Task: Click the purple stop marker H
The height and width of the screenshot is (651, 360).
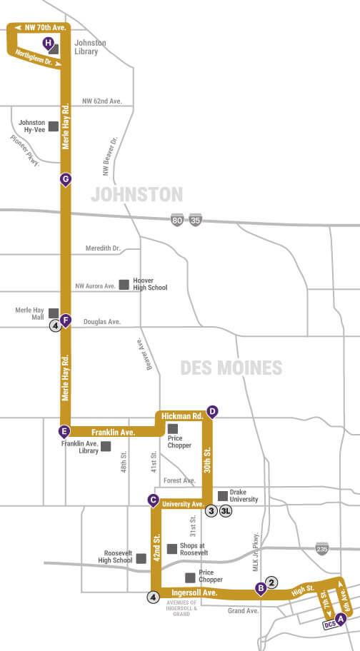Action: tap(49, 44)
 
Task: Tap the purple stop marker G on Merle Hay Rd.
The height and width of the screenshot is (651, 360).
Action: tap(66, 178)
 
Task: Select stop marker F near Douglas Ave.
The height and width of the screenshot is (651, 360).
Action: tap(66, 320)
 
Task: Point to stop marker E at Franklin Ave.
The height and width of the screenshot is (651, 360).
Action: tap(64, 430)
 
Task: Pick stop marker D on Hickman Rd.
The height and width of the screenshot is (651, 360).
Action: tap(211, 411)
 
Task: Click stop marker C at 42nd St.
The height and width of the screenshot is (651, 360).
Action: tap(153, 500)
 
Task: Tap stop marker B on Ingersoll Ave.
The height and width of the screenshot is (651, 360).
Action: tap(261, 588)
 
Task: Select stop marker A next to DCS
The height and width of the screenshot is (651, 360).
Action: tap(341, 618)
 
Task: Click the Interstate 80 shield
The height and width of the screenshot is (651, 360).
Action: tap(176, 221)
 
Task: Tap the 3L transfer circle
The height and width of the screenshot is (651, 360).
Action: tap(225, 510)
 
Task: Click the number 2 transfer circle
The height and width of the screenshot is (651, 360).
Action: tap(271, 581)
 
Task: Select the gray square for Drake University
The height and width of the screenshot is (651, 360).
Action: tap(222, 495)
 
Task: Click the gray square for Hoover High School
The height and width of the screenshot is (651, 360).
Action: tap(124, 284)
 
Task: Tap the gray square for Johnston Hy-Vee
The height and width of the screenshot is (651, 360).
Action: tap(54, 127)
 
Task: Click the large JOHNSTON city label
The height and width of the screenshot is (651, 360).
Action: tap(136, 194)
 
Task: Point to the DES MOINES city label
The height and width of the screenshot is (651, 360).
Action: tap(231, 368)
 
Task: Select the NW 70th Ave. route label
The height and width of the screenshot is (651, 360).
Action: tap(44, 27)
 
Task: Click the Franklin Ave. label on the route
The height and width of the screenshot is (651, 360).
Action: tap(113, 432)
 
